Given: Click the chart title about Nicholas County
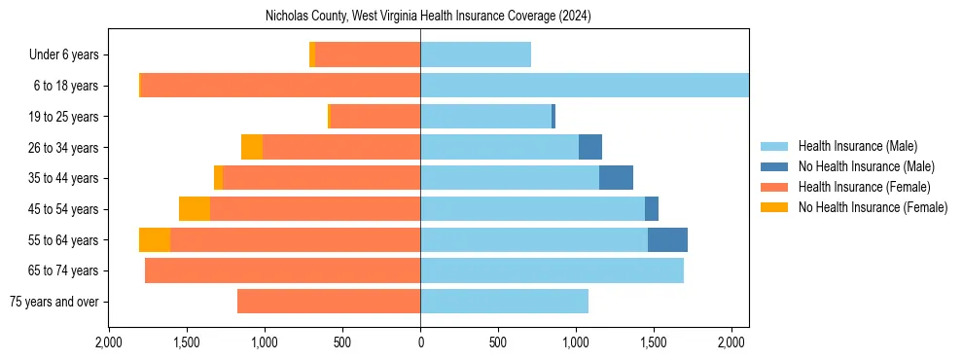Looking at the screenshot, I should click(x=428, y=17).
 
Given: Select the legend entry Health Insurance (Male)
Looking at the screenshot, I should click(x=856, y=146).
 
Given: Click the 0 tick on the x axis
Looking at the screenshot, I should click(x=420, y=342).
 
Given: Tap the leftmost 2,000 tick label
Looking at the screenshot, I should click(x=109, y=342).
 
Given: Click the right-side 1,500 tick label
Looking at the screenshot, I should click(x=654, y=342).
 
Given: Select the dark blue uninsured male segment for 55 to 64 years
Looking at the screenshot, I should click(x=667, y=240).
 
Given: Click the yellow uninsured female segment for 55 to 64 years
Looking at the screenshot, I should click(x=155, y=240).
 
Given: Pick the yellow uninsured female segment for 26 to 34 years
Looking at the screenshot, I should click(x=252, y=148).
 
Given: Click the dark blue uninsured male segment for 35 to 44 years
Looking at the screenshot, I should click(x=616, y=178).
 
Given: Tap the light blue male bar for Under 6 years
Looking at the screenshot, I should click(x=476, y=55).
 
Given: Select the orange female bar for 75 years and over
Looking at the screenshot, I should click(x=329, y=302).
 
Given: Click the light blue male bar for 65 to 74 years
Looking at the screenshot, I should click(x=552, y=270).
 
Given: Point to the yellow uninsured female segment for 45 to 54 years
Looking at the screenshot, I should click(x=195, y=209).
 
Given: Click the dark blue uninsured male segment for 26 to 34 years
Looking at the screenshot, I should click(x=590, y=148).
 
